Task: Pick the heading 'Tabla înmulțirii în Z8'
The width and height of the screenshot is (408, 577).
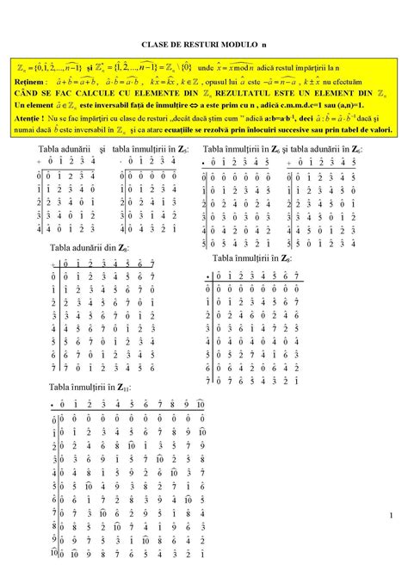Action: tap(250, 257)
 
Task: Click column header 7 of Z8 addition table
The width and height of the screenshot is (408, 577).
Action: tap(151, 264)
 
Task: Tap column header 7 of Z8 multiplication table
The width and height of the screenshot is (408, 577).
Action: tap(297, 276)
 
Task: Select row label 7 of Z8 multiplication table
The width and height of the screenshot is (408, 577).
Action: tap(208, 377)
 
